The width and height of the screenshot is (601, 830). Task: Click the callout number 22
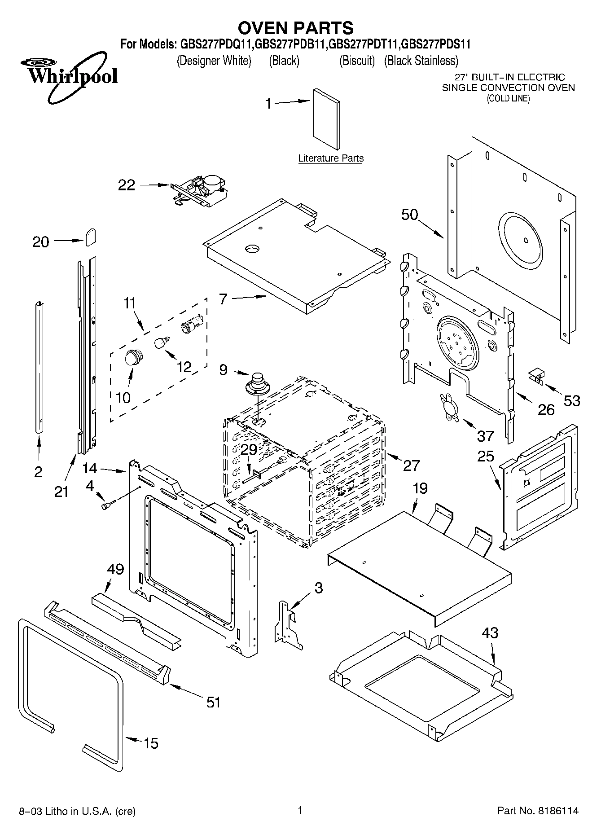[126, 185]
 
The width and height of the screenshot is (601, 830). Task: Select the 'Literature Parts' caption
[331, 158]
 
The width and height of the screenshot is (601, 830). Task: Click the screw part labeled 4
[108, 505]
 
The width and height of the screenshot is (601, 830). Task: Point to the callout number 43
[490, 633]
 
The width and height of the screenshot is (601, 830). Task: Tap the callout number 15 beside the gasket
[151, 743]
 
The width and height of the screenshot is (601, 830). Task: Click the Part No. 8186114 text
[538, 811]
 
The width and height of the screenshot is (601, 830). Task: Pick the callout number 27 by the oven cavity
[411, 466]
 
